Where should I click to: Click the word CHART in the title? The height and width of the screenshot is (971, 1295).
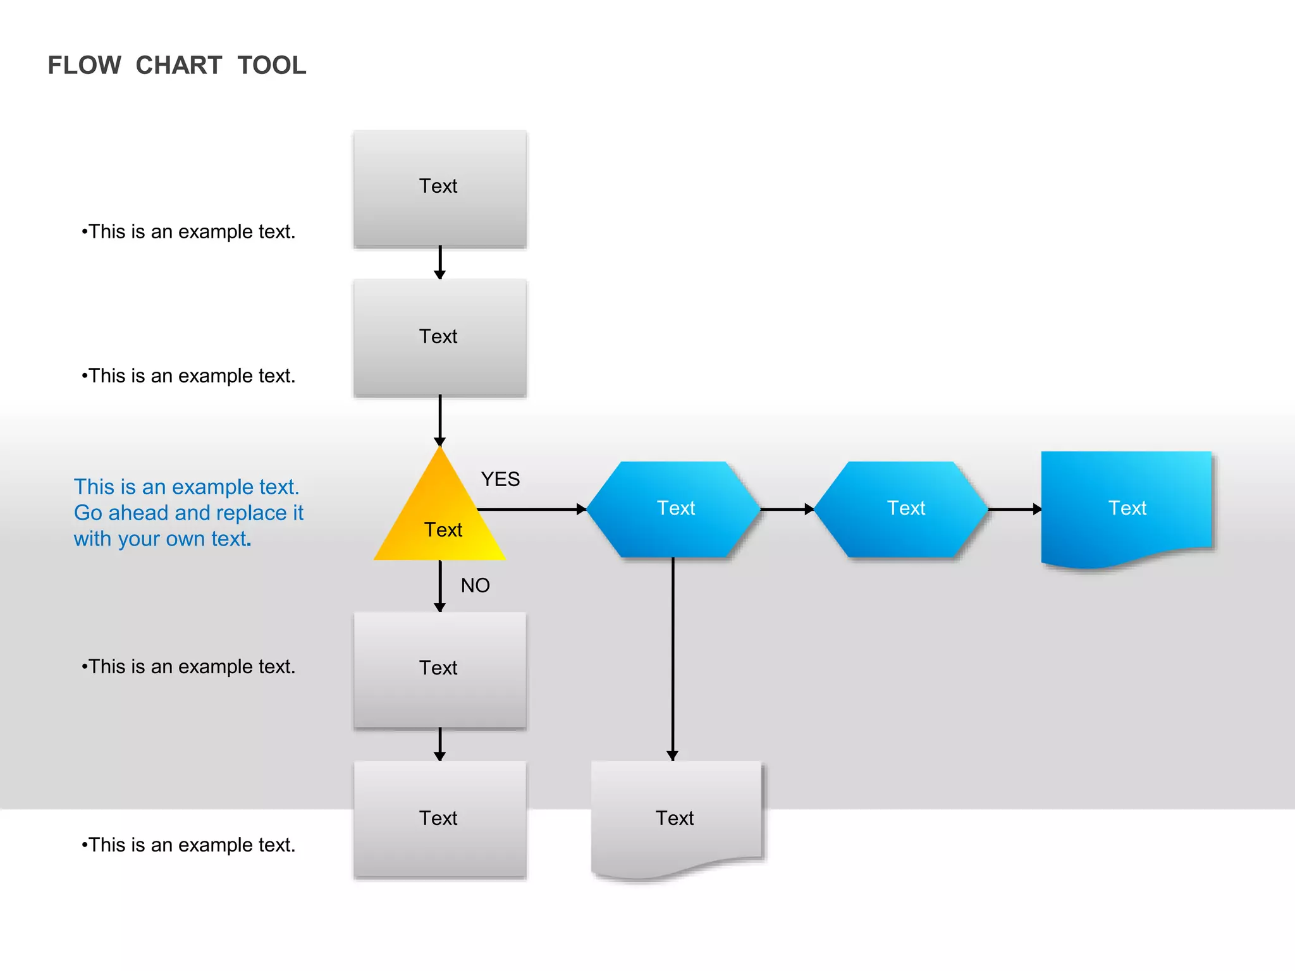click(x=178, y=65)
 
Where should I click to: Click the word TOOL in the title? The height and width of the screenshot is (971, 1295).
click(x=272, y=65)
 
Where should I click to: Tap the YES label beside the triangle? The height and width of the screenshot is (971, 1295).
click(x=500, y=479)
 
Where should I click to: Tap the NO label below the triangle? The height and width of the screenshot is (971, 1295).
click(x=475, y=585)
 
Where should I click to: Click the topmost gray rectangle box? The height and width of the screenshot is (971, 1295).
click(x=440, y=188)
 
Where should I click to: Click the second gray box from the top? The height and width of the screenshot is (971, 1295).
click(x=440, y=337)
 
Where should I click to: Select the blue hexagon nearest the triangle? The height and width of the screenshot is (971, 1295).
click(x=674, y=509)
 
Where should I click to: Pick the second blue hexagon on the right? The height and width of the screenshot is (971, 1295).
click(x=902, y=509)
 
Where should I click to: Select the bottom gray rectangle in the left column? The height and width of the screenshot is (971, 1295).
click(x=440, y=819)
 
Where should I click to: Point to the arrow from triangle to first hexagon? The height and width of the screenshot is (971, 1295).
click(x=531, y=509)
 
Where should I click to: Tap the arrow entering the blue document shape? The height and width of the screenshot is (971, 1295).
click(x=1014, y=509)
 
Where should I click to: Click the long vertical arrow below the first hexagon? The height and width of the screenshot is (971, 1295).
click(x=673, y=657)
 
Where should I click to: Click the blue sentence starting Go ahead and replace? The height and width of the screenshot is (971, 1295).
click(x=188, y=513)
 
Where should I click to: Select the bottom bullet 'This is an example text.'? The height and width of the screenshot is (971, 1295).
click(x=188, y=845)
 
